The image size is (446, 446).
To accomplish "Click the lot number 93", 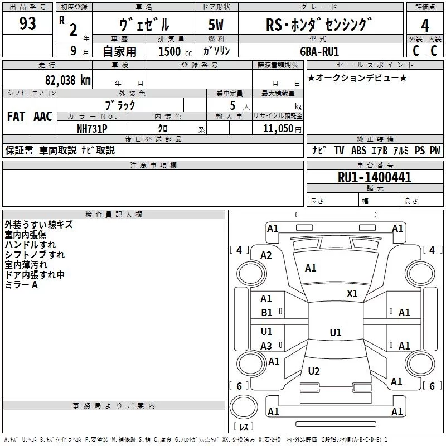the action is coord(28,24).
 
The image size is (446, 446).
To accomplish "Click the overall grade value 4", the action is coord(425,26).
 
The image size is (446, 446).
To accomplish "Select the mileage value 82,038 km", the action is coord(68,80).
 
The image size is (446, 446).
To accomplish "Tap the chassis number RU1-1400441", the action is coord(375,177).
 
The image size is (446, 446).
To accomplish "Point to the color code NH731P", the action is coord(92,128).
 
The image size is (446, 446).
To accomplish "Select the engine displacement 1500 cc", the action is coord(169,51).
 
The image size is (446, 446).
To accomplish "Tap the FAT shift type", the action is coord(16,117).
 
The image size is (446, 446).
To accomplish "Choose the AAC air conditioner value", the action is coord(42,117).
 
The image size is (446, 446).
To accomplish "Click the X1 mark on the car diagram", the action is coord(352,294).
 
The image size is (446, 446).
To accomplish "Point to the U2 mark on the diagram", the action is coord(314,371).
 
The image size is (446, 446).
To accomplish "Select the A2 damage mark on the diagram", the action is coord(266,255).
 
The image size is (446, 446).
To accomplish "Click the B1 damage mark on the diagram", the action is coord(267,313).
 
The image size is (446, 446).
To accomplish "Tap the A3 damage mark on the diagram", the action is coord(266,346).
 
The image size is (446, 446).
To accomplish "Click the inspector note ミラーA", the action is coord(21,284).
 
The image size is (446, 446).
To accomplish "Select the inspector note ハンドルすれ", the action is coord(30,245).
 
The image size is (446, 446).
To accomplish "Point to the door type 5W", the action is coord(217,25).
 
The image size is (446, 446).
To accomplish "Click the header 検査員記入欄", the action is coord(114,214).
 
